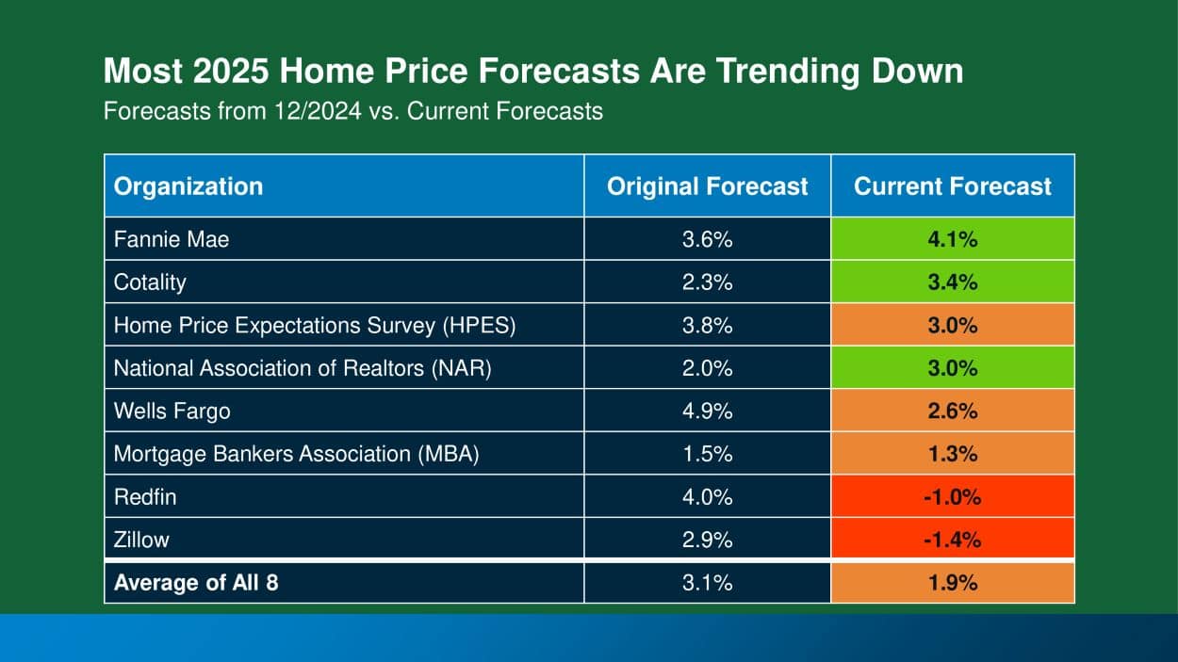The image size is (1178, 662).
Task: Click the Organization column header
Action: point(188,186)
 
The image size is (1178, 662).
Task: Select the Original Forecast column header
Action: point(707,186)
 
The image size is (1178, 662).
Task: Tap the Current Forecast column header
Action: point(952,186)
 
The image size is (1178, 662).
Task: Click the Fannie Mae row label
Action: point(172,239)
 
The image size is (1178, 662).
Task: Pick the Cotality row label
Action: point(150,283)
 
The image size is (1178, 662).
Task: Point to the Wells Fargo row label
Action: point(172,412)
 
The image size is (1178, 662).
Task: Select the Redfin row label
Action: point(144,497)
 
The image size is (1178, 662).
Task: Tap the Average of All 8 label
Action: point(196,583)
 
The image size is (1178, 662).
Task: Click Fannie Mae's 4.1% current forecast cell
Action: point(953,239)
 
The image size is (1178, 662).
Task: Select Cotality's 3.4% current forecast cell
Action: point(953,283)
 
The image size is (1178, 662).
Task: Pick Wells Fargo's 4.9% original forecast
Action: point(707,412)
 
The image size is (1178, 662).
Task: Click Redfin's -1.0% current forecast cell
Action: point(953,497)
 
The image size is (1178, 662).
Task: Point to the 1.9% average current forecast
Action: point(953,583)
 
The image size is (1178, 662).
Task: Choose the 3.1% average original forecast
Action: point(707,583)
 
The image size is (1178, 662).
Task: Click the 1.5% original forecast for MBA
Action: point(707,454)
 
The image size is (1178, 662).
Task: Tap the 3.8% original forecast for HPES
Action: point(707,326)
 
